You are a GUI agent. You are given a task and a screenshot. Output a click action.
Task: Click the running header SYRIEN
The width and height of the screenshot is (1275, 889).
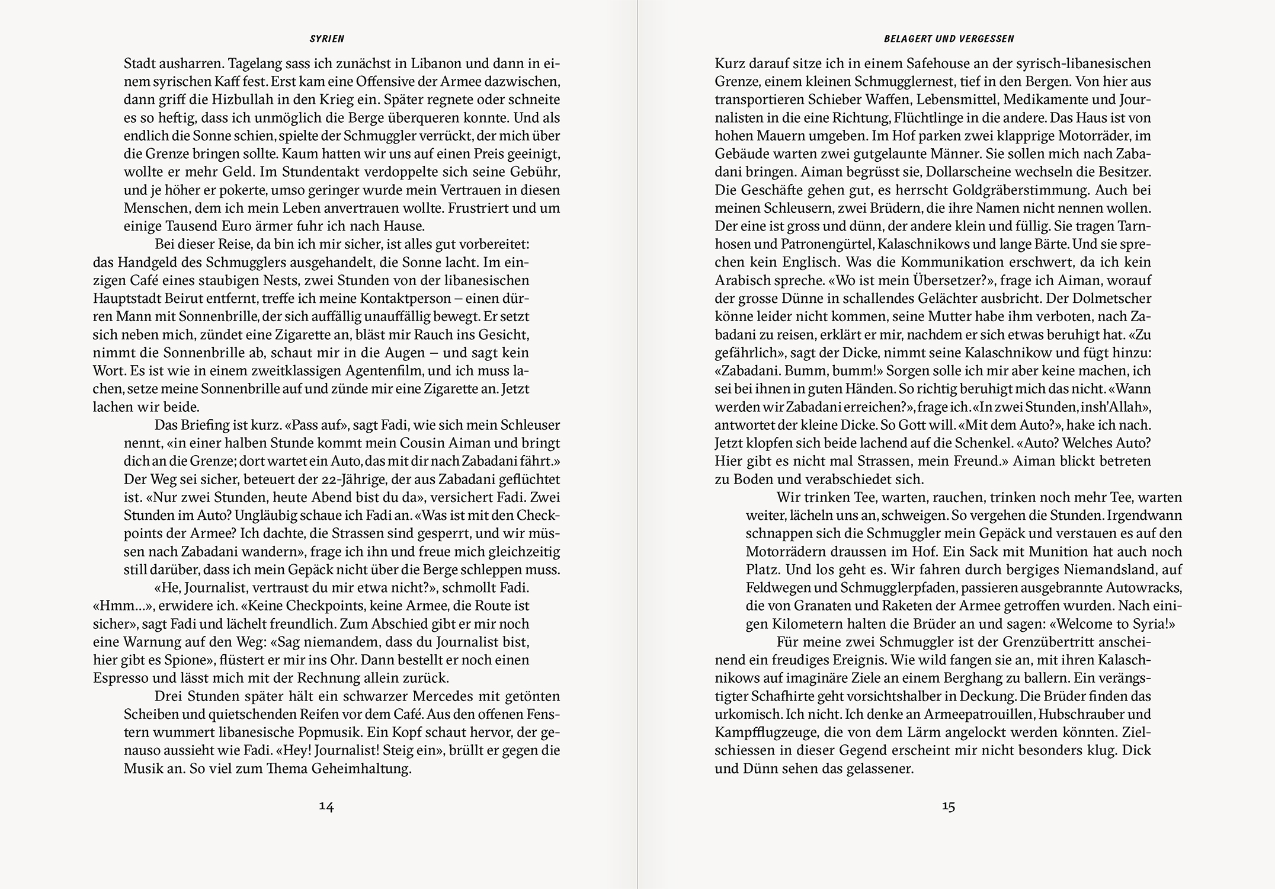point(326,39)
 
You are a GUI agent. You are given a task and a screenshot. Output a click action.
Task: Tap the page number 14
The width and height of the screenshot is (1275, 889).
point(326,806)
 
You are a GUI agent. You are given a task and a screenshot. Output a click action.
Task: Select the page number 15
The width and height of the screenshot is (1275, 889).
point(948,806)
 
